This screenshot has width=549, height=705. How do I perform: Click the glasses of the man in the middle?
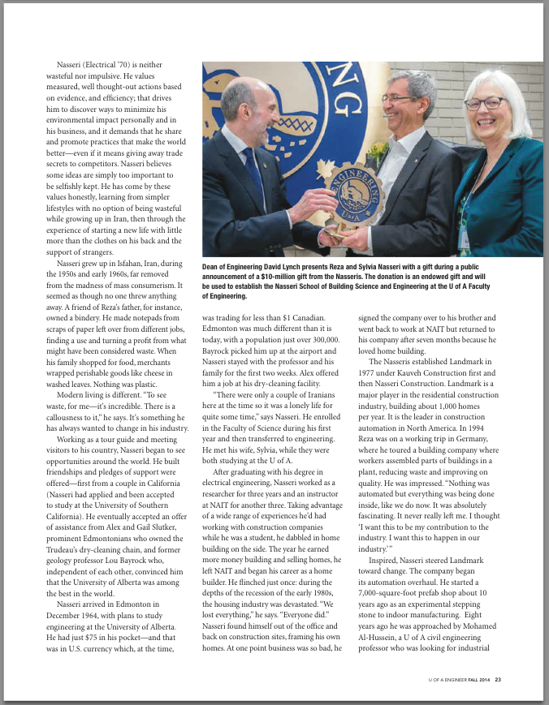click(x=401, y=98)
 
